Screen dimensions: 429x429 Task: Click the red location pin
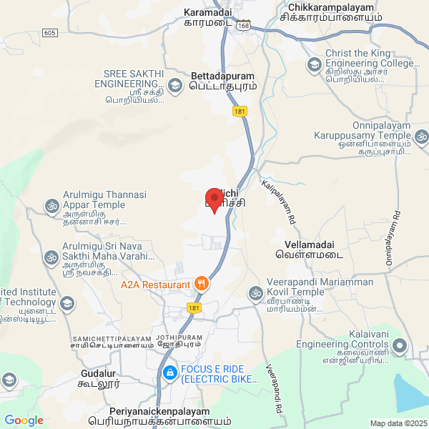214,198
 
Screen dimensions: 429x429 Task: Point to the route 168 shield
245,24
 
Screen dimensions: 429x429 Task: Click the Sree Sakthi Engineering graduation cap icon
174,86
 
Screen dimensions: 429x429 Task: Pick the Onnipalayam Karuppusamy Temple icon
422,135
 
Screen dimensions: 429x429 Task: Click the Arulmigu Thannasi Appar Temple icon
51,206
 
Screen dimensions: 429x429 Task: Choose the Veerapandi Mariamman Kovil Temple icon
255,292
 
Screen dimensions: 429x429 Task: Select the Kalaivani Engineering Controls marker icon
400,347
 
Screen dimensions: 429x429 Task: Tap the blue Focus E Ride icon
169,372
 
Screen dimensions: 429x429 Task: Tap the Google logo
24,420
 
